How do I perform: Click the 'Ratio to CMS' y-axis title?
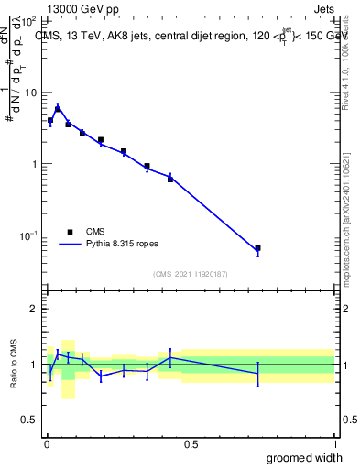[15, 365]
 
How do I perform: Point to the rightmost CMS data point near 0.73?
[257, 248]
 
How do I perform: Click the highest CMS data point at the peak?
[58, 109]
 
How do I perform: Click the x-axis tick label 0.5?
[191, 444]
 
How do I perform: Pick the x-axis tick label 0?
[47, 444]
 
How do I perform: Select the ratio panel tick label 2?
[35, 309]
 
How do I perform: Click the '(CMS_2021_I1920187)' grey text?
[190, 273]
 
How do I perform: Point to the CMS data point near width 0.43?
[170, 179]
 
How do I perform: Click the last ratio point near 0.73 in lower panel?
[257, 374]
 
